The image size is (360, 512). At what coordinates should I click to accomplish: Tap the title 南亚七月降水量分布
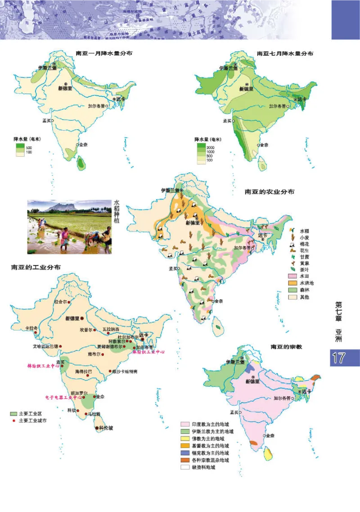pyautogui.click(x=285, y=53)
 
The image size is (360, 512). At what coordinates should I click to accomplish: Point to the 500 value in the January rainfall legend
pyautogui.click(x=29, y=147)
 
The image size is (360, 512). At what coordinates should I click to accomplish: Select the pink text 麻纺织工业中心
pyautogui.click(x=148, y=352)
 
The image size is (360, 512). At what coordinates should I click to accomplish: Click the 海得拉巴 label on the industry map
pyautogui.click(x=83, y=372)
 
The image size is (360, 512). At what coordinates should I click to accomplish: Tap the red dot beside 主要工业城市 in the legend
pyautogui.click(x=14, y=420)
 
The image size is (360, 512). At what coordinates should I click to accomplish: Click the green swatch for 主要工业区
pyautogui.click(x=14, y=413)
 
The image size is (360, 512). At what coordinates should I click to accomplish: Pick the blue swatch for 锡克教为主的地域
pyautogui.click(x=184, y=453)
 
